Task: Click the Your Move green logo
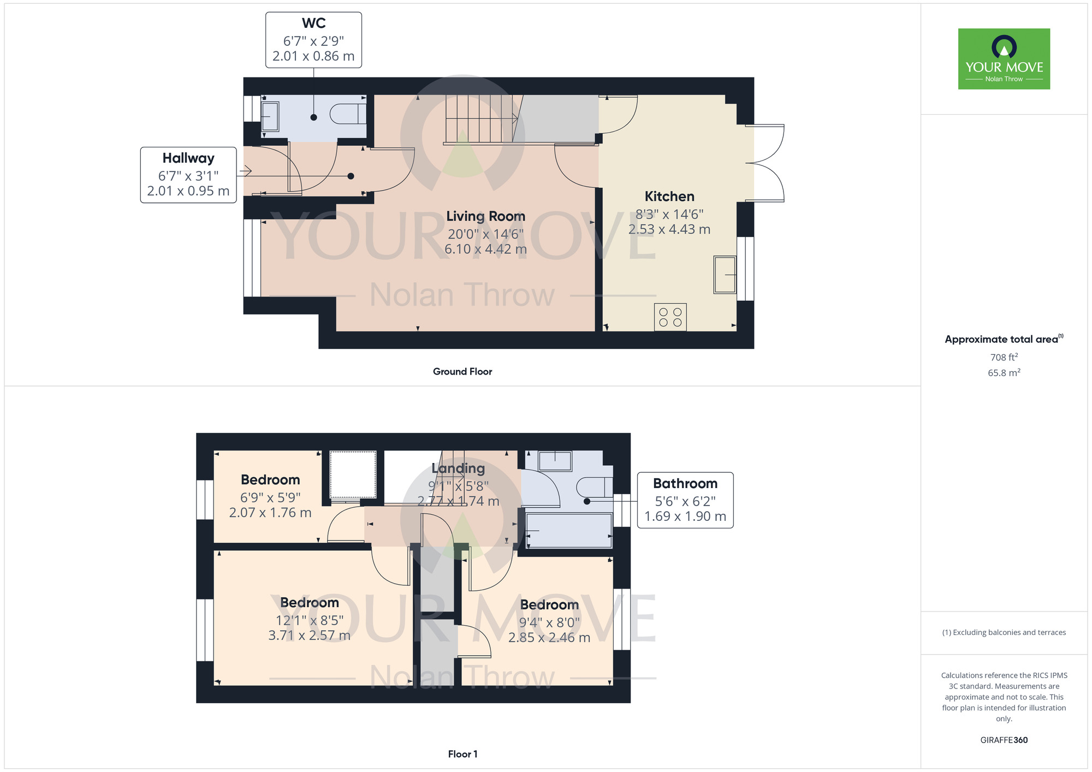1004,59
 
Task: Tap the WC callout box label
313,40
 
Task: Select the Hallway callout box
188,175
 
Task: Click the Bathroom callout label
685,500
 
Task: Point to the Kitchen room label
669,197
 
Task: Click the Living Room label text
485,216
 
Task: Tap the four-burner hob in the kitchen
670,317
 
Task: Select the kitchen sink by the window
725,275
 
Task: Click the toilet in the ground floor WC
348,114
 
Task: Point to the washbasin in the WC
270,117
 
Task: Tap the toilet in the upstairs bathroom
595,487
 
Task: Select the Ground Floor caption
462,372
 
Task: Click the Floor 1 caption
462,754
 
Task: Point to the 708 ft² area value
1004,357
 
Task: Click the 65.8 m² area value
1004,373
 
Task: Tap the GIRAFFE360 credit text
1004,740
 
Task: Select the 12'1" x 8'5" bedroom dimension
310,620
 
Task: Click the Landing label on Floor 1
458,468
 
